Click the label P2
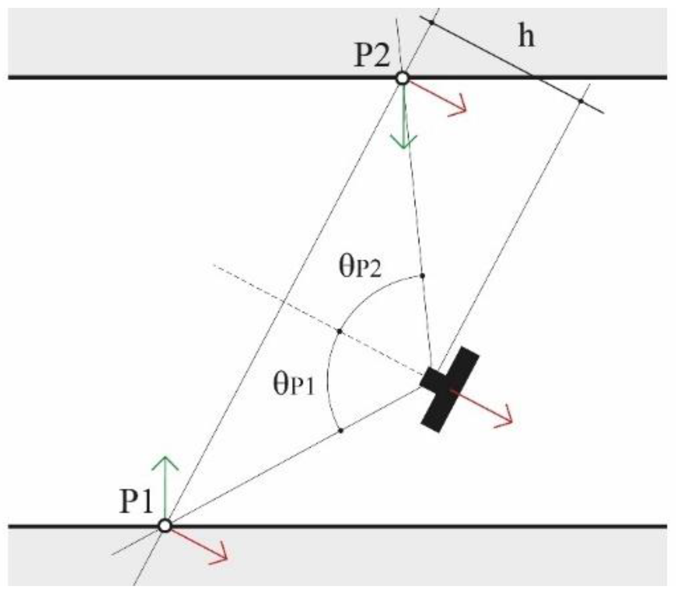click(x=372, y=56)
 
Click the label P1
click(x=136, y=501)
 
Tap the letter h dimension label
click(x=526, y=36)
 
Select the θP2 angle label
click(x=360, y=267)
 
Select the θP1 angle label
click(x=294, y=385)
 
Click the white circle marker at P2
click(x=403, y=78)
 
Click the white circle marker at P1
click(x=165, y=525)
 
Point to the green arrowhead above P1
click(x=165, y=462)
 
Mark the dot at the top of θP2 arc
click(x=422, y=276)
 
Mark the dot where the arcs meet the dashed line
click(x=340, y=331)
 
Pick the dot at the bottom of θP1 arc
click(x=341, y=431)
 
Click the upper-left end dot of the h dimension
click(x=431, y=22)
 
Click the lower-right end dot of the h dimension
click(x=580, y=101)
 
